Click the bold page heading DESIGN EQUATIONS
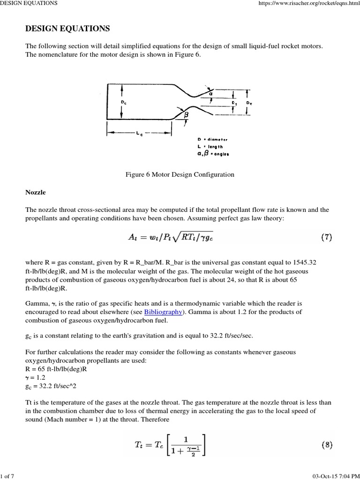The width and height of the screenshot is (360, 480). (x=67, y=29)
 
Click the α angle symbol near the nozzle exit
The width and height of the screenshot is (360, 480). (x=211, y=93)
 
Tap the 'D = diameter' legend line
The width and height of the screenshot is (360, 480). (x=213, y=139)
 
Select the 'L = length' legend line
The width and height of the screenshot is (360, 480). (x=210, y=146)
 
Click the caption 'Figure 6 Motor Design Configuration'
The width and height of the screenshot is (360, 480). (x=180, y=174)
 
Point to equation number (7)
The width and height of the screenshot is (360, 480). (x=326, y=237)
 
